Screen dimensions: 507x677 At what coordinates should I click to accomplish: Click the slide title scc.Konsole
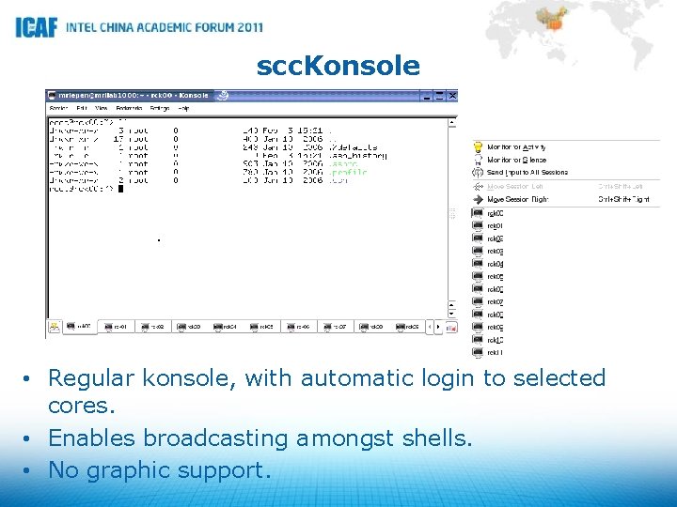coord(338,66)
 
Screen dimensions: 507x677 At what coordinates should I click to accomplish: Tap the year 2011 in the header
coord(243,27)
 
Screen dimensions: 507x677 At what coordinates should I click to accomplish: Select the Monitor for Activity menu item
coord(516,147)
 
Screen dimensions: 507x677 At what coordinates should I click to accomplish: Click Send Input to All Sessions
coord(527,173)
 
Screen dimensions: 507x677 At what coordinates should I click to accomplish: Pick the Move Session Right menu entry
coord(516,199)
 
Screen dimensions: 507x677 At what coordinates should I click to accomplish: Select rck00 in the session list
coord(495,213)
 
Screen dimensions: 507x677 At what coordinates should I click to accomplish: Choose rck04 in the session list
coord(495,264)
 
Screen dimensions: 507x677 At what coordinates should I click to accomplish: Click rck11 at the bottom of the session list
coord(495,352)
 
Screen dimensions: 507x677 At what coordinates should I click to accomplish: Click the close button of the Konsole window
coord(452,96)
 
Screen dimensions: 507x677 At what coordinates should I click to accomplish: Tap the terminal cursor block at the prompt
coord(120,189)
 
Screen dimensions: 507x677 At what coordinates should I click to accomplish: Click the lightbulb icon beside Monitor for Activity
coord(479,147)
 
